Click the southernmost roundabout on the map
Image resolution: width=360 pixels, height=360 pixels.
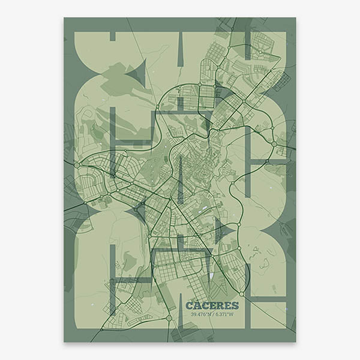[169, 317]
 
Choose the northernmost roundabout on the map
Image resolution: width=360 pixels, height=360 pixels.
[260, 52]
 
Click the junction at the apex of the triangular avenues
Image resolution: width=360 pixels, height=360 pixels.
[171, 199]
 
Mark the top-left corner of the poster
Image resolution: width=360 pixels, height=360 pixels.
[64, 17]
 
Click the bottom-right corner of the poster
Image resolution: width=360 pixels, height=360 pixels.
[296, 342]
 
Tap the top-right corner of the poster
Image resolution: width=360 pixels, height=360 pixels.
[296, 17]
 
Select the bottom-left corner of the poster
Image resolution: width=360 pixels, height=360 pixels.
[64, 342]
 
